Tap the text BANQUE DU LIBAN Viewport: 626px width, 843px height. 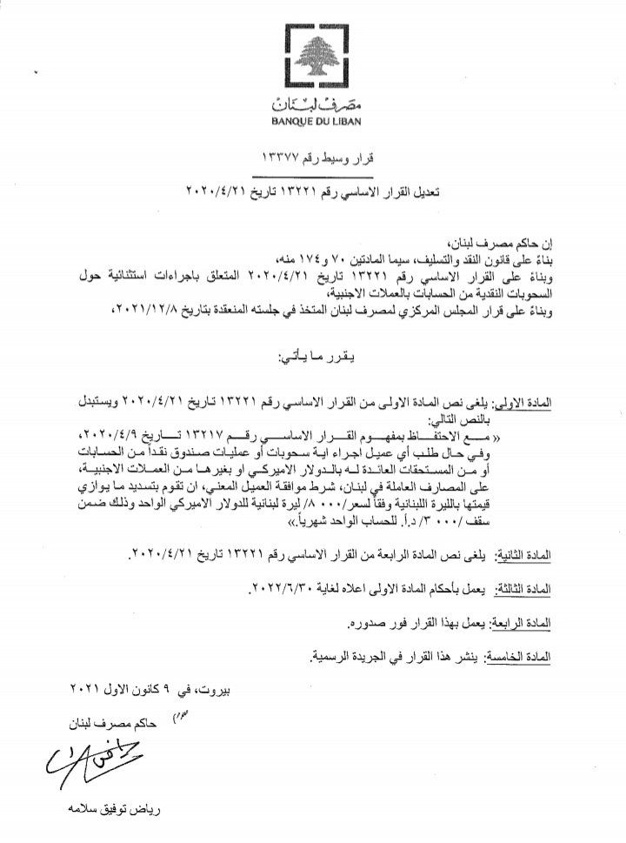point(315,123)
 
